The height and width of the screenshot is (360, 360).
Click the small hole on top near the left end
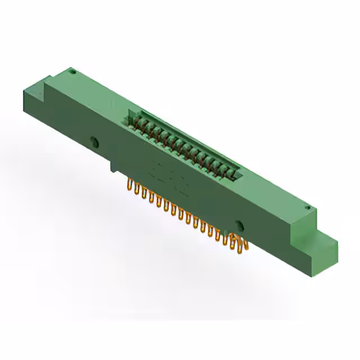point(72,71)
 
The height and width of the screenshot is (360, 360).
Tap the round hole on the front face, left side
point(94,140)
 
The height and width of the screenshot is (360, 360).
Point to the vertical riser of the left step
point(43,84)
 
